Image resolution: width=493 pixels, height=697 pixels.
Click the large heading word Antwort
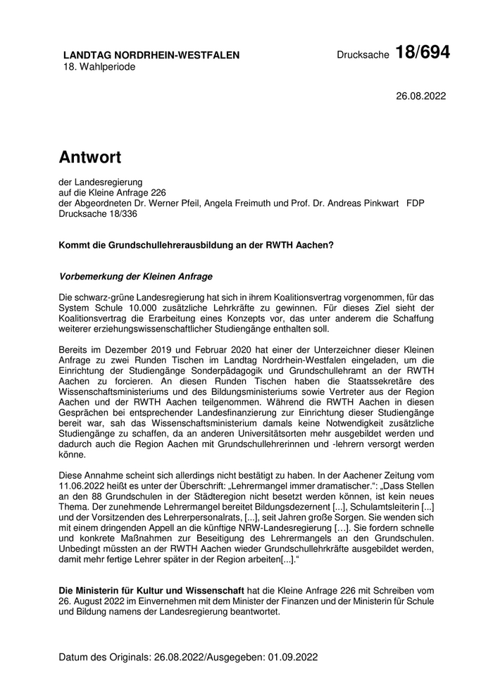[90, 156]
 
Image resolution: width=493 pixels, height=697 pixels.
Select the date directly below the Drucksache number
[421, 96]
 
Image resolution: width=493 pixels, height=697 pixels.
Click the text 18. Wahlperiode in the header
[99, 67]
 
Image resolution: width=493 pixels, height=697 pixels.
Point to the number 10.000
[156, 308]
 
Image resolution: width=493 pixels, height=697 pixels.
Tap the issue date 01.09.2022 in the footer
[292, 657]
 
